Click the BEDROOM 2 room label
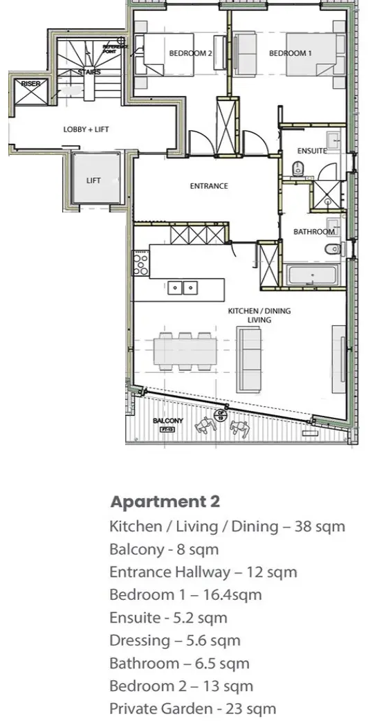coord(190,53)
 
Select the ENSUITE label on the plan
coord(311,151)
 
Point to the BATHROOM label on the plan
coord(314,232)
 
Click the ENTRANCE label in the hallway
coord(209,186)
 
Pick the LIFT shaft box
coord(94,181)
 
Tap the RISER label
coord(30,84)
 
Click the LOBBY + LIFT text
coord(86,129)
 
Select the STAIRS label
coord(90,72)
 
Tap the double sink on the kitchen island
coord(183,286)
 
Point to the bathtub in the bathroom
coord(311,275)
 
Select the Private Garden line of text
coord(192,709)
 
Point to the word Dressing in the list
coord(134,641)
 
